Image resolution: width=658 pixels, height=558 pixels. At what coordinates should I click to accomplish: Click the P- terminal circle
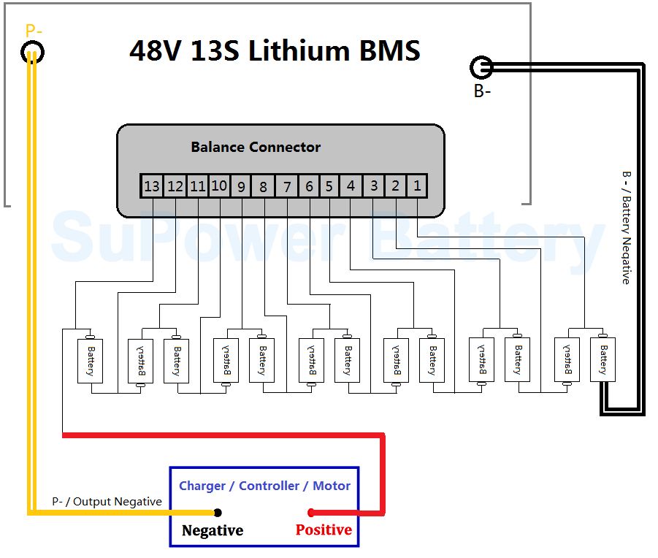click(x=32, y=52)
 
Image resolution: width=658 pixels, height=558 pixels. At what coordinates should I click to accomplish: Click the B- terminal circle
click(x=481, y=68)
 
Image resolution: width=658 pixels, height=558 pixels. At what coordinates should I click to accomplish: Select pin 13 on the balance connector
click(x=151, y=186)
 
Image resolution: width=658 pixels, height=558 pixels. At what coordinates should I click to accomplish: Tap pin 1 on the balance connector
click(x=417, y=186)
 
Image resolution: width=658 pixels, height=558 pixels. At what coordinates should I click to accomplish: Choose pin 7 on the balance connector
click(x=287, y=187)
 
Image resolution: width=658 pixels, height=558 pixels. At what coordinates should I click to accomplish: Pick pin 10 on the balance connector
click(x=219, y=186)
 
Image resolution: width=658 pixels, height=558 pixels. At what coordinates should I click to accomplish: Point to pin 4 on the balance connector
click(x=351, y=186)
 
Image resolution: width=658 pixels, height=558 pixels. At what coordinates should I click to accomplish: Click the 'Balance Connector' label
click(x=256, y=147)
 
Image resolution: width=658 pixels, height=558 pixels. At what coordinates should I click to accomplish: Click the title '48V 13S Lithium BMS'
click(x=275, y=51)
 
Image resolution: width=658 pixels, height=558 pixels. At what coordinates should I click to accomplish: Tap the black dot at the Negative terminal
click(x=218, y=513)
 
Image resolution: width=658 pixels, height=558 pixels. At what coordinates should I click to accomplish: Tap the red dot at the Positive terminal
click(x=311, y=512)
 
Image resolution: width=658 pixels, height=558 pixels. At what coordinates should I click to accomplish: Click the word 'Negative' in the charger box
click(x=213, y=530)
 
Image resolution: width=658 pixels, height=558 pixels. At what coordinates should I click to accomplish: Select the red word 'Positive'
click(x=324, y=530)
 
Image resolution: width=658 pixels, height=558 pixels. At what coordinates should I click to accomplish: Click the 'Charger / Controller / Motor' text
click(x=264, y=486)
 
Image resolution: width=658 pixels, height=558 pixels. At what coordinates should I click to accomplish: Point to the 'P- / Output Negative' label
click(x=107, y=502)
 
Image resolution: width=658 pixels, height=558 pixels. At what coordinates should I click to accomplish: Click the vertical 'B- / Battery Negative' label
click(x=626, y=227)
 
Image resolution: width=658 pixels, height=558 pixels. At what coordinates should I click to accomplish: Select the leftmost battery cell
click(x=91, y=361)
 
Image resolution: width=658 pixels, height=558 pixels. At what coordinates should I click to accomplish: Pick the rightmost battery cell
click(x=602, y=359)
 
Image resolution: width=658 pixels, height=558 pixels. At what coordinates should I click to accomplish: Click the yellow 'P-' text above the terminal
click(x=34, y=31)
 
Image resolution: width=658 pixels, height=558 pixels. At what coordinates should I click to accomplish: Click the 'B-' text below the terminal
click(x=482, y=92)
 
